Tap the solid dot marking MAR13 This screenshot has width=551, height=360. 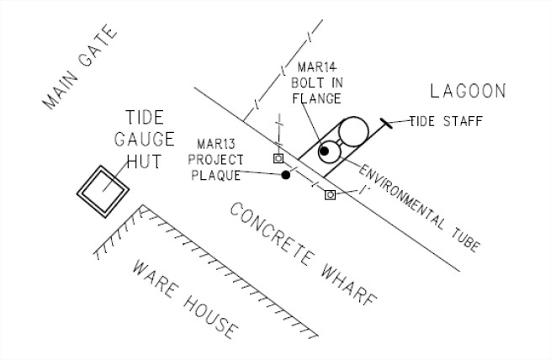(286, 175)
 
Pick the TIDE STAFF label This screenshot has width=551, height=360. (446, 121)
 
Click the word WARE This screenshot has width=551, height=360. (156, 281)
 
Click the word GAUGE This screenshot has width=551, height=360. (150, 138)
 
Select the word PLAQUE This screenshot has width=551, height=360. (216, 176)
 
